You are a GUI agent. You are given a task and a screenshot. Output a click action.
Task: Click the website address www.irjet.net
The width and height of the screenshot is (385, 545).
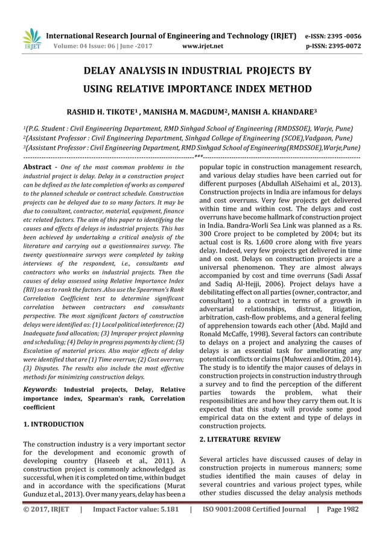click(x=202, y=45)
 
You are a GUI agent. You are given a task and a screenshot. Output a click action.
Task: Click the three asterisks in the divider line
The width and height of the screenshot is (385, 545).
click(x=198, y=157)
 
